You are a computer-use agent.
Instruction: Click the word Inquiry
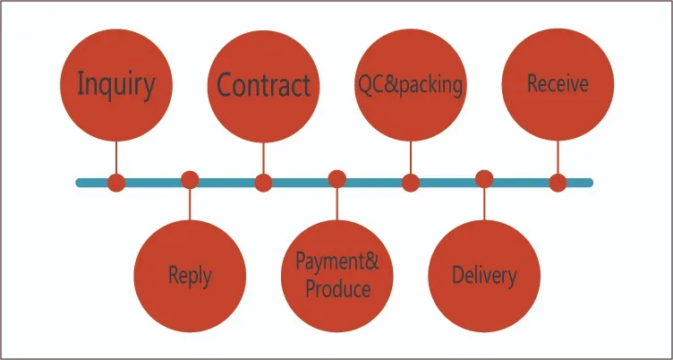pyautogui.click(x=115, y=84)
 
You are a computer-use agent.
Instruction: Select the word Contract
pyautogui.click(x=263, y=86)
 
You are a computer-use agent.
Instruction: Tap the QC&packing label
pyautogui.click(x=410, y=85)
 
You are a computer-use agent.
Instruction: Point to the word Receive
pyautogui.click(x=558, y=84)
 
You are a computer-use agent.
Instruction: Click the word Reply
pyautogui.click(x=190, y=275)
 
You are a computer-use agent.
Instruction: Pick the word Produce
pyautogui.click(x=337, y=289)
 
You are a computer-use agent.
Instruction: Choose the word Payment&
pyautogui.click(x=337, y=262)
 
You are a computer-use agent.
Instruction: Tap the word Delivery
pyautogui.click(x=484, y=275)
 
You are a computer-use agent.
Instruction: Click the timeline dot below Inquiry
pyautogui.click(x=115, y=183)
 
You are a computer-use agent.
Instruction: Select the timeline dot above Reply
pyautogui.click(x=190, y=179)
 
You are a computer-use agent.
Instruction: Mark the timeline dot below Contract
pyautogui.click(x=263, y=183)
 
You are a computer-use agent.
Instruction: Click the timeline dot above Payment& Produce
pyautogui.click(x=337, y=179)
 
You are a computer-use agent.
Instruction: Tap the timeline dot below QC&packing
pyautogui.click(x=410, y=183)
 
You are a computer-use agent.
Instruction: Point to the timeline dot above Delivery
pyautogui.click(x=484, y=179)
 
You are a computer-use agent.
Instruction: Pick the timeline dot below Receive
pyautogui.click(x=558, y=183)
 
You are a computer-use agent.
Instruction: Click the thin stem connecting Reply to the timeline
pyautogui.click(x=190, y=204)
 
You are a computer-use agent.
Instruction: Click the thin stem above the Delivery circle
pyautogui.click(x=484, y=204)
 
